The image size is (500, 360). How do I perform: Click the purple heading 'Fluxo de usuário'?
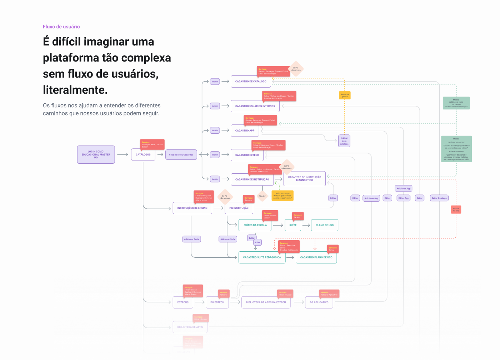pyautogui.click(x=61, y=27)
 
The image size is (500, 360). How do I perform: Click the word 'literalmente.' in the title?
pyautogui.click(x=75, y=90)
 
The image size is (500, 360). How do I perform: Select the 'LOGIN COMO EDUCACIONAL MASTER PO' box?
pyautogui.click(x=96, y=154)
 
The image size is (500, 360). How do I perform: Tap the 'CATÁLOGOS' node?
pyautogui.click(x=143, y=155)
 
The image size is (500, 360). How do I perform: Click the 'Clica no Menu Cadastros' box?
pyautogui.click(x=181, y=155)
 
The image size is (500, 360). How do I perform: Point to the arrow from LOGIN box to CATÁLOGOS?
pyautogui.click(x=122, y=154)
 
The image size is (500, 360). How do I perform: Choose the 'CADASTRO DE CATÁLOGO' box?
pyautogui.click(x=250, y=82)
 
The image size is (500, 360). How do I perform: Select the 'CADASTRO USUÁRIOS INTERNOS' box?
pyautogui.click(x=255, y=106)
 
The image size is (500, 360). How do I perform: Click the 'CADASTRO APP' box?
pyautogui.click(x=245, y=130)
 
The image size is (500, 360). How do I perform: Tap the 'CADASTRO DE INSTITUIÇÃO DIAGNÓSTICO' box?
pyautogui.click(x=304, y=179)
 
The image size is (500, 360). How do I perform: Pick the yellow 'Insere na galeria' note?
pyautogui.click(x=345, y=95)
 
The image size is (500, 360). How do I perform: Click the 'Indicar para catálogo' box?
pyautogui.click(x=344, y=141)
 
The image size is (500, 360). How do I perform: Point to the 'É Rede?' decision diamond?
pyautogui.click(x=262, y=196)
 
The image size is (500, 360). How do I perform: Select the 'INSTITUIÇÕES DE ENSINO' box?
pyautogui.click(x=192, y=208)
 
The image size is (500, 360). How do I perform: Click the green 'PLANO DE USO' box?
pyautogui.click(x=324, y=225)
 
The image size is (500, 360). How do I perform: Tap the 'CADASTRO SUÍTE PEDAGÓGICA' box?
pyautogui.click(x=262, y=257)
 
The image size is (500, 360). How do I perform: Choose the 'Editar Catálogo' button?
pyautogui.click(x=439, y=198)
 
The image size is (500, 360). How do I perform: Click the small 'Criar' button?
pyautogui.click(x=257, y=242)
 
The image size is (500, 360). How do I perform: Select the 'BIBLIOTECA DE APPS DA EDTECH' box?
pyautogui.click(x=266, y=302)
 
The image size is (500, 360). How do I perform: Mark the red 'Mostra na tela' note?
pyautogui.click(x=456, y=209)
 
